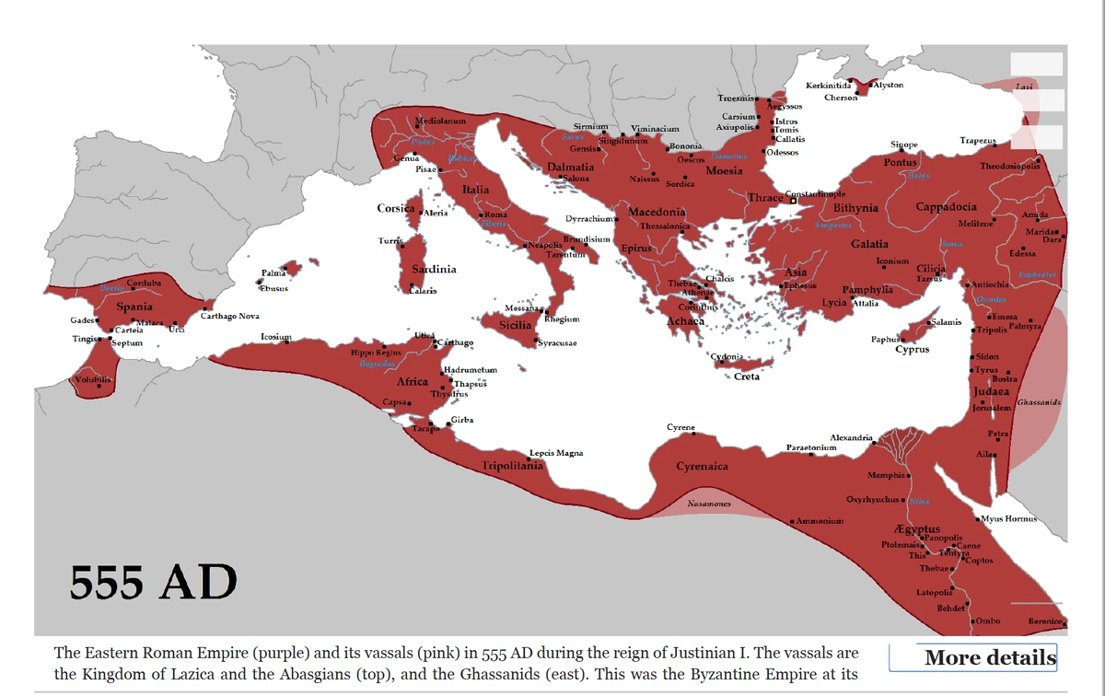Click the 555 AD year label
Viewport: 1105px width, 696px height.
(x=154, y=582)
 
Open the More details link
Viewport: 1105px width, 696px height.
(x=990, y=657)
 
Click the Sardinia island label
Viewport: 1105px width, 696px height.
(x=434, y=269)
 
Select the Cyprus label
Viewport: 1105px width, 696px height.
(x=912, y=350)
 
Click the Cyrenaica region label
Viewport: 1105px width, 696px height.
(x=702, y=466)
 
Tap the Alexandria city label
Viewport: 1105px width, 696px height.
(x=852, y=437)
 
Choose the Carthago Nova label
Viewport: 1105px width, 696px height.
(x=230, y=316)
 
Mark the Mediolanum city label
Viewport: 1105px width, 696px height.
(x=440, y=121)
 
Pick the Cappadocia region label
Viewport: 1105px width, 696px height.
(x=947, y=207)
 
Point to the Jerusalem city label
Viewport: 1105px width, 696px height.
(x=993, y=408)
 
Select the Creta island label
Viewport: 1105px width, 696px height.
(x=746, y=377)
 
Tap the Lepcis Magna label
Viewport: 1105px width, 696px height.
(x=556, y=453)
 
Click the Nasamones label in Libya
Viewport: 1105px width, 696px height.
(x=709, y=505)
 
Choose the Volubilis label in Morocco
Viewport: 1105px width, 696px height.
(x=92, y=379)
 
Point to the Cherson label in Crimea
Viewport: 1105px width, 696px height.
(x=841, y=98)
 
